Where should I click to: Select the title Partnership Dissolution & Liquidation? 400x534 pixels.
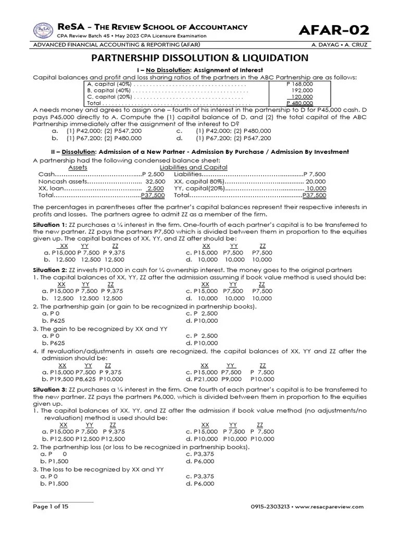[200, 57]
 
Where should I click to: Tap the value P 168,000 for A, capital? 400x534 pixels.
[299, 83]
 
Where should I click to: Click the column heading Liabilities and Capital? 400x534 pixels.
[201, 167]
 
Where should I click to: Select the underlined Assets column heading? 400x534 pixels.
[78, 167]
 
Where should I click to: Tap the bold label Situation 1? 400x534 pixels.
[51, 224]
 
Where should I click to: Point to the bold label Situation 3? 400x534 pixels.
[51, 390]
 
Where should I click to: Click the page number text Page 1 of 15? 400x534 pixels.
[51, 506]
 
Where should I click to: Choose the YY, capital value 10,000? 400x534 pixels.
[316, 188]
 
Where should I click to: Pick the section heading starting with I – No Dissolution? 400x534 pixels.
[200, 69]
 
